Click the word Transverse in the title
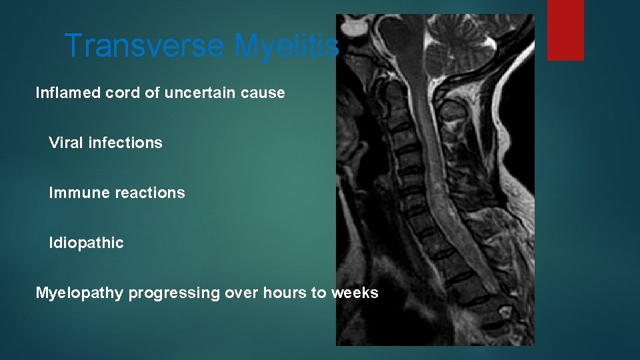(145, 46)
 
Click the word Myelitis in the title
(286, 46)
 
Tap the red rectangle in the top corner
(565, 29)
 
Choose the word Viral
(65, 143)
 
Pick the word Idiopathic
(86, 243)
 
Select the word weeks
(354, 293)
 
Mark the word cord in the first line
(122, 93)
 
